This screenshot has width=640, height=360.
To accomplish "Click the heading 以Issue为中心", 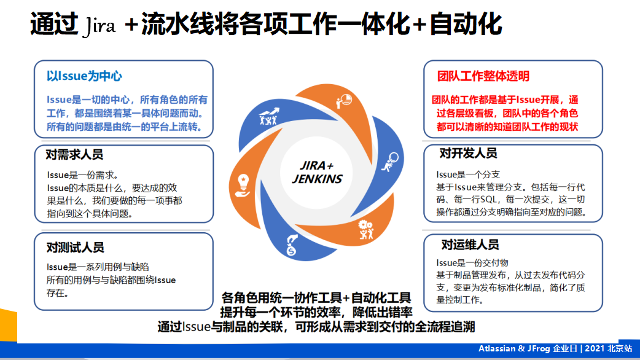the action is tap(84, 76).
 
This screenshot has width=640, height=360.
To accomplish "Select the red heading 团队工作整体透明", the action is tap(483, 76).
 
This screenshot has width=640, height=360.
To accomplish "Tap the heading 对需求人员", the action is tap(74, 154).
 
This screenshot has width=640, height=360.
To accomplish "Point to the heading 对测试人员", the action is tap(75, 248).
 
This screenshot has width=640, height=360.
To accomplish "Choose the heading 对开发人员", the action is tap(468, 153).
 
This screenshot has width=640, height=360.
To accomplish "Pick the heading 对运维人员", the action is tap(470, 245).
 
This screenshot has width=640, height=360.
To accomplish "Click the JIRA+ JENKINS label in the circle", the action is tap(317, 172).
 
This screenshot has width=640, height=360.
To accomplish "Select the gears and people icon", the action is tap(365, 229).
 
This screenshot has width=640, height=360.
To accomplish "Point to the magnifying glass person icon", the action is tap(391, 162).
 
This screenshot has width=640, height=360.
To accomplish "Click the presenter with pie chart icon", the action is tap(344, 101).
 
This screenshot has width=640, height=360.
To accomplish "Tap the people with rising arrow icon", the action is tap(270, 116).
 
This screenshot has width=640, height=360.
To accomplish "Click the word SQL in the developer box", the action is tap(487, 200).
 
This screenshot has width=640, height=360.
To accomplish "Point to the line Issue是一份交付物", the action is tap(472, 263).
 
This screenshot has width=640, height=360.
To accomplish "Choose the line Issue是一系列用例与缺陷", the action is tap(98, 267).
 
